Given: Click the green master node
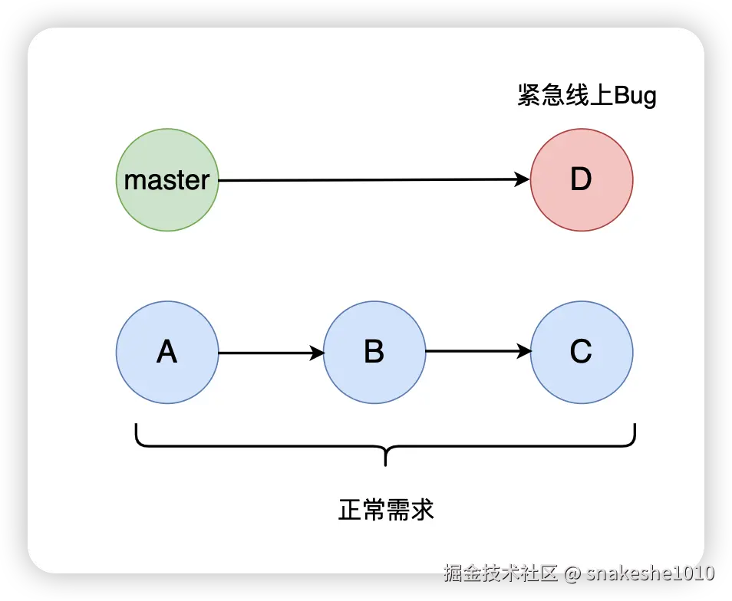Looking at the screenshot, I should click(x=167, y=180).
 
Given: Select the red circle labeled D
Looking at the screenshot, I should click(x=582, y=180).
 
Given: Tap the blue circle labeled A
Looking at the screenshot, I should click(x=167, y=352).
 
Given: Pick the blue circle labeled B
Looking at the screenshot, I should click(x=374, y=352).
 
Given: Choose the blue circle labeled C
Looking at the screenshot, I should click(x=582, y=352).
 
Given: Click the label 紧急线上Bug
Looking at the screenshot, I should click(x=586, y=97).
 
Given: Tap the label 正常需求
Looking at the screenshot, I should click(x=386, y=510).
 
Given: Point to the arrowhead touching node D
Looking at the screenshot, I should click(x=523, y=180).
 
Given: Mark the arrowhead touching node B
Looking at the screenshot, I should click(x=317, y=353).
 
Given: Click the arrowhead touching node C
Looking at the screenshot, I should click(x=525, y=352).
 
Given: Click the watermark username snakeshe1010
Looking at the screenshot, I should click(x=650, y=573).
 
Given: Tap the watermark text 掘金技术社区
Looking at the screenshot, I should click(x=500, y=573).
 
